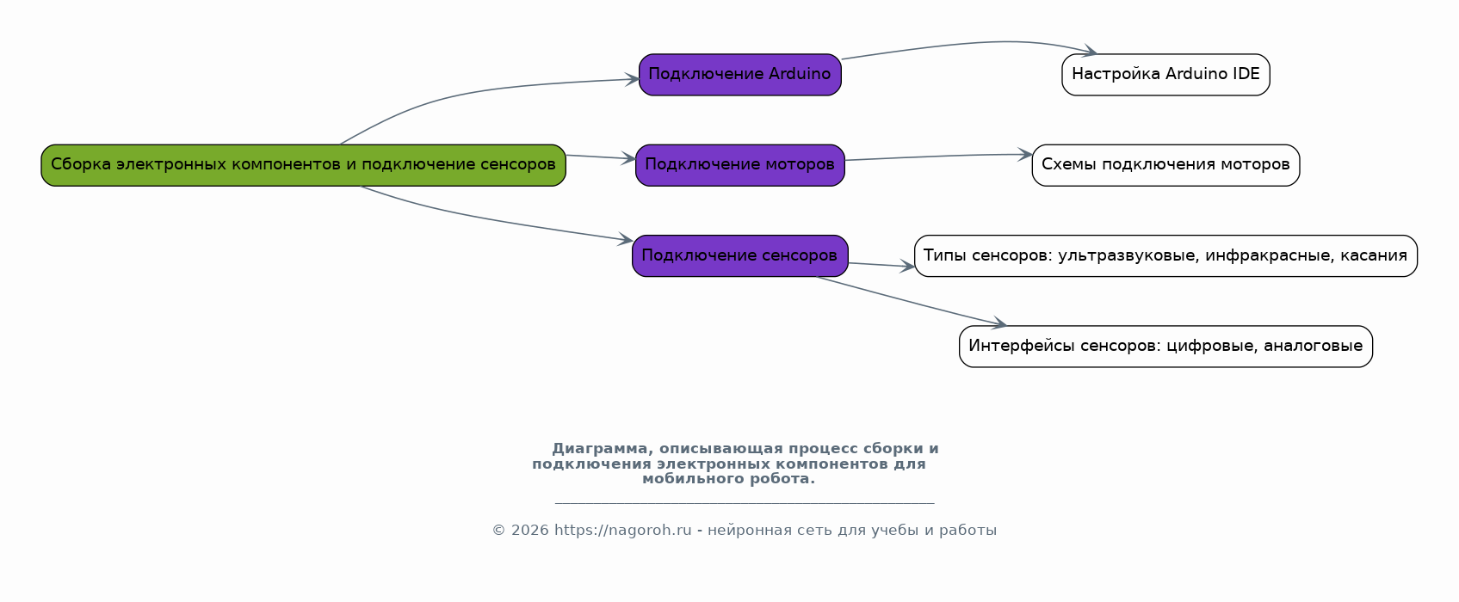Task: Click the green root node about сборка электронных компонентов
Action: click(x=303, y=165)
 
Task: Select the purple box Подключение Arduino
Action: click(x=739, y=75)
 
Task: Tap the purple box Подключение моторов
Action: click(x=739, y=165)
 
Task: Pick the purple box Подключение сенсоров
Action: click(x=739, y=255)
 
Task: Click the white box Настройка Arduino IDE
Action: click(x=1165, y=75)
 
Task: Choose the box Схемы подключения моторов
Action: click(x=1165, y=165)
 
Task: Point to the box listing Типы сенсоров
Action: click(x=1165, y=255)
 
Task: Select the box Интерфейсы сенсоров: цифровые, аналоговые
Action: click(x=1165, y=347)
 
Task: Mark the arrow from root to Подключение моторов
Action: click(x=600, y=157)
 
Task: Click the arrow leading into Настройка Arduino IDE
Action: click(x=964, y=44)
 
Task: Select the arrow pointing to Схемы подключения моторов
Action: click(x=938, y=157)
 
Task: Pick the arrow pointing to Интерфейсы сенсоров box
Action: click(x=912, y=302)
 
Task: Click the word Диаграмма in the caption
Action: click(x=600, y=449)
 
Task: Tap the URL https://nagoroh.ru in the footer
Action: click(x=622, y=531)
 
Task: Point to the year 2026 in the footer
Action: click(x=529, y=531)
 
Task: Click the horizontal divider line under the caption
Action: click(x=744, y=503)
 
